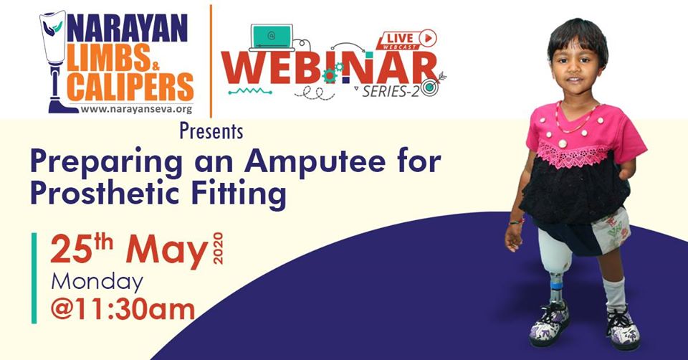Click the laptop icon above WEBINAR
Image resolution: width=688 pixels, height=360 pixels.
click(x=272, y=37)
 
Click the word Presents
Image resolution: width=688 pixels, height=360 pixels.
click(x=211, y=133)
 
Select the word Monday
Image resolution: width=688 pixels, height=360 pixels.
click(x=96, y=281)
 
